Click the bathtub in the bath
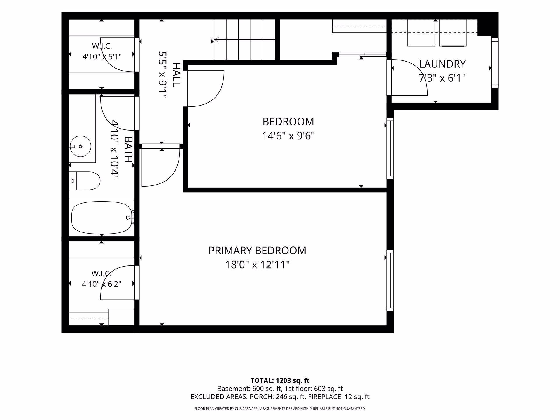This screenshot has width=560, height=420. point(101,218)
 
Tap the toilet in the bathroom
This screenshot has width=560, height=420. point(84,181)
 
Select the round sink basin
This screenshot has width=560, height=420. point(80,146)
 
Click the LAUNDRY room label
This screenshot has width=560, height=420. point(442,64)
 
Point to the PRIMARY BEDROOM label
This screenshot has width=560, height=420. point(257,251)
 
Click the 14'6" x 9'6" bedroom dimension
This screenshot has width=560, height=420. point(288,136)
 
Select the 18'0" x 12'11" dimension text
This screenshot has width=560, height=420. point(257,265)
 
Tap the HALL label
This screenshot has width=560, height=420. point(176,74)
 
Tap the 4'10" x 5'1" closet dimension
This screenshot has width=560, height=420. point(102,57)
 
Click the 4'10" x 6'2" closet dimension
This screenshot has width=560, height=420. point(101,284)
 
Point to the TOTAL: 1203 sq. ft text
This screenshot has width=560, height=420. point(280,380)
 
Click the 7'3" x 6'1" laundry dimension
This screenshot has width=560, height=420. point(442,78)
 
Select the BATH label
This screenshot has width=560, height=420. point(128,150)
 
